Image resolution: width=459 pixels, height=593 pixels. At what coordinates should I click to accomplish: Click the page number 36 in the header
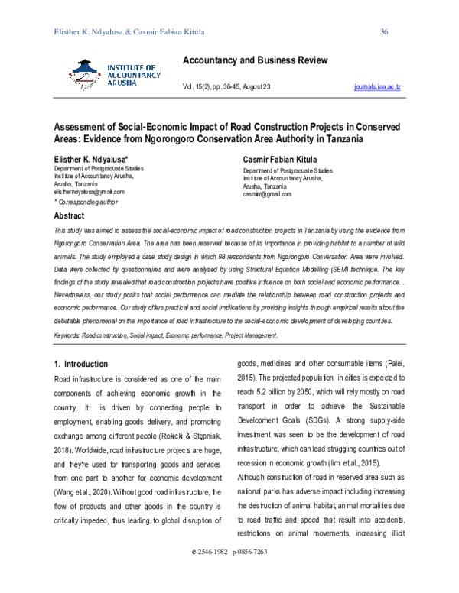(x=385, y=31)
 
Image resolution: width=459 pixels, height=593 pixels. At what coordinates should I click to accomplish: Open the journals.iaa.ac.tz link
(x=379, y=89)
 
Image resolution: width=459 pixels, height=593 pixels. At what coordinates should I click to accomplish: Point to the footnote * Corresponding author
(x=86, y=203)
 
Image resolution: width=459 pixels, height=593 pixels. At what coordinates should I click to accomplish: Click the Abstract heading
(x=70, y=216)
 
